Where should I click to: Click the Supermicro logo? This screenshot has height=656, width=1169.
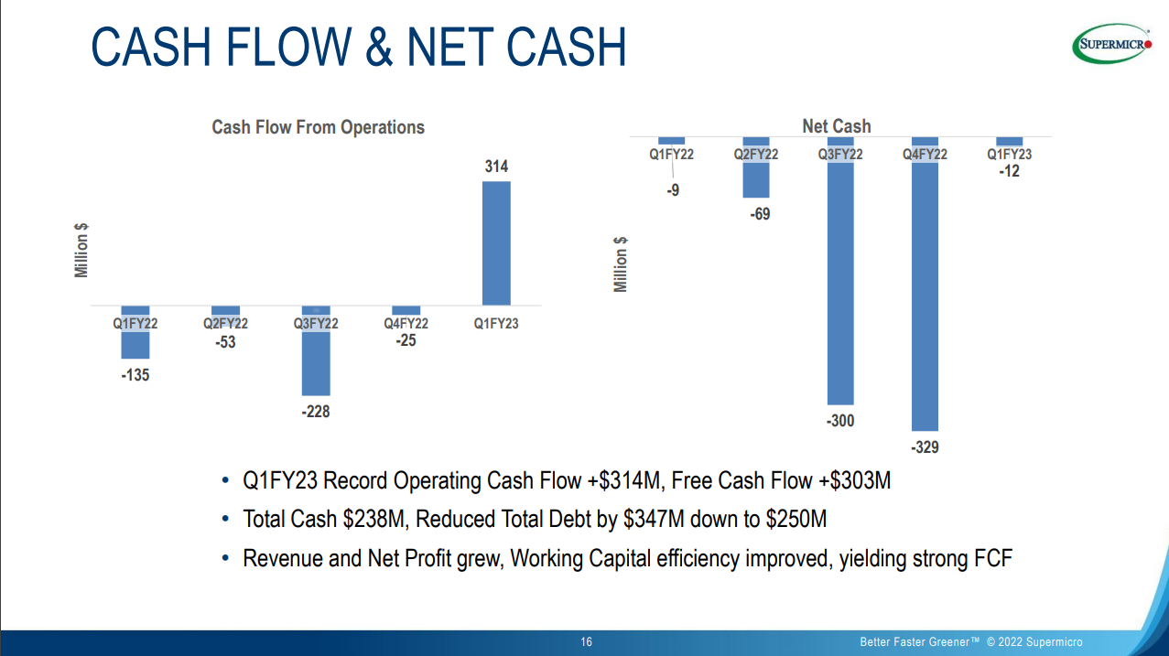(x=1111, y=43)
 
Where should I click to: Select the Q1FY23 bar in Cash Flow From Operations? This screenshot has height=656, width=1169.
(x=496, y=242)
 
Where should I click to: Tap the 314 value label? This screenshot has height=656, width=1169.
(x=496, y=167)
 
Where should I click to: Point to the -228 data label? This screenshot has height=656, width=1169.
(x=316, y=412)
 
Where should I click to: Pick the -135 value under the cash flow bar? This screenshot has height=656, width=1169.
(x=135, y=374)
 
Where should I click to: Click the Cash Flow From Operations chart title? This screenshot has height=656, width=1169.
(x=318, y=127)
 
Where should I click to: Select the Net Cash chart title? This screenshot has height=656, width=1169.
(x=837, y=126)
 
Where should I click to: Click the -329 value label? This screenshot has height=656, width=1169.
(x=925, y=447)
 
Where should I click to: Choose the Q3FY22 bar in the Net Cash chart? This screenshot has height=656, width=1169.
(x=840, y=284)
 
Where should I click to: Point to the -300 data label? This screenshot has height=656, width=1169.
(x=840, y=421)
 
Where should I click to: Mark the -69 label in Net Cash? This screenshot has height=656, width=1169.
(x=759, y=214)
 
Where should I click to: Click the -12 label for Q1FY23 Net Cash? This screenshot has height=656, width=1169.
(x=1009, y=171)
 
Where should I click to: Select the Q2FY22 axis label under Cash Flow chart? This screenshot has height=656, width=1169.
(x=225, y=323)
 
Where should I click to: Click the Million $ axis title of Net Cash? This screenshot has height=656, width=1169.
(x=622, y=265)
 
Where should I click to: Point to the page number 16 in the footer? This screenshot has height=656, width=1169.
(x=587, y=642)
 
